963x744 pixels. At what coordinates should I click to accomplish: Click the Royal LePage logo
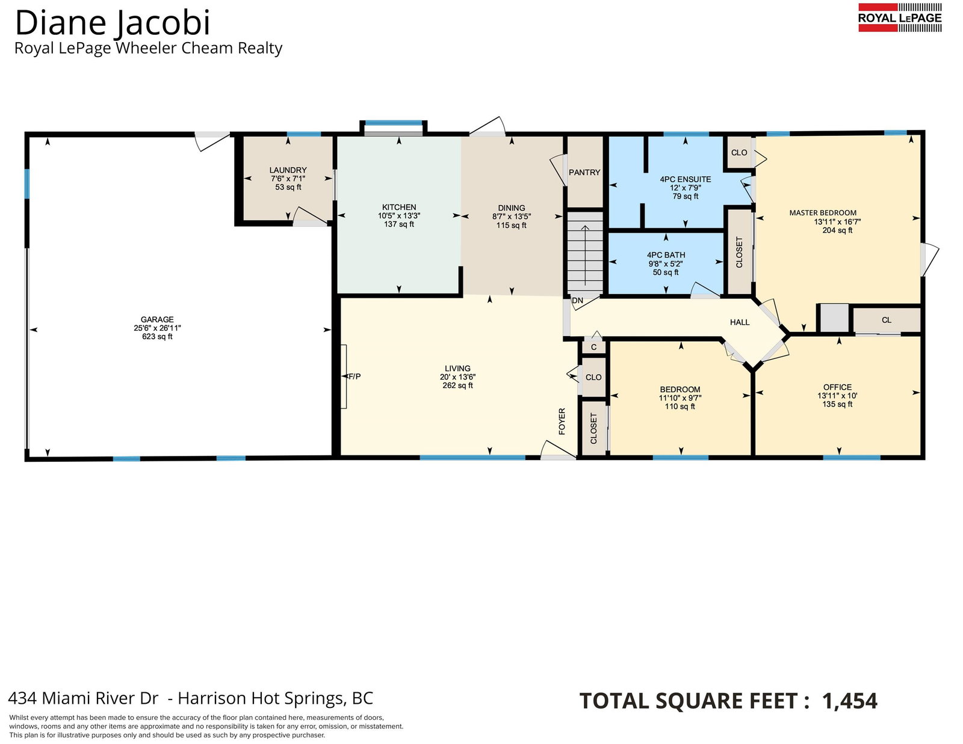tap(900, 17)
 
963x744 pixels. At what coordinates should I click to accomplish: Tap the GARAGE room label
tap(157, 319)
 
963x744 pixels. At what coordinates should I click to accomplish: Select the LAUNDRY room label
tap(288, 170)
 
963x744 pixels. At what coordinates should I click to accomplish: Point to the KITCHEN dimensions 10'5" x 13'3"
tap(399, 216)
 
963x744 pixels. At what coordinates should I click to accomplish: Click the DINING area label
tap(512, 208)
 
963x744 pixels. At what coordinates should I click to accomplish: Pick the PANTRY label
tap(584, 172)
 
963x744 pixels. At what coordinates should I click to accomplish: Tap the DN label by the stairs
tap(577, 301)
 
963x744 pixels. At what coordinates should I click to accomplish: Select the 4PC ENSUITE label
tap(685, 179)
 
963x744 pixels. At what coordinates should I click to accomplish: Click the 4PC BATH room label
tap(666, 255)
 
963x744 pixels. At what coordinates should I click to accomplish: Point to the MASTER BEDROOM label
tap(823, 213)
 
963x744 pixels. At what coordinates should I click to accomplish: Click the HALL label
tap(740, 322)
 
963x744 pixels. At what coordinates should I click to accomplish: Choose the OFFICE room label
tap(837, 387)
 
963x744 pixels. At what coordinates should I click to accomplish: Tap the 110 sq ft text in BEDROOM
tap(680, 407)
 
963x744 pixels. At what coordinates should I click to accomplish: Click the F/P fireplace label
tap(355, 377)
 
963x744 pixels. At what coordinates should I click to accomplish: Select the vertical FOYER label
tap(562, 421)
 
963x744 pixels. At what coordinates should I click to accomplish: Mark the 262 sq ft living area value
tap(458, 386)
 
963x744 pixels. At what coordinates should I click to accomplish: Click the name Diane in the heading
tap(63, 23)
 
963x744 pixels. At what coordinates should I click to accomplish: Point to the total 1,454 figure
tap(850, 701)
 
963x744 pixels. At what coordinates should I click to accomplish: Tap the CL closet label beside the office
tap(887, 320)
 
